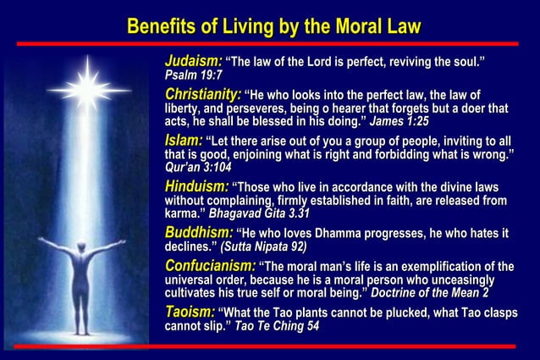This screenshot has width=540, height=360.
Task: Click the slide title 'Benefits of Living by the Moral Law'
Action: click(x=273, y=25)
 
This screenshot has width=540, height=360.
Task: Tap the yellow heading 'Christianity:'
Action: click(x=203, y=94)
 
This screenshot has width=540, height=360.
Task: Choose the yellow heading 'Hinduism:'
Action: click(x=196, y=186)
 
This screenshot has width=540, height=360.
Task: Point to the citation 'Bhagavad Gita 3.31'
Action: click(x=259, y=215)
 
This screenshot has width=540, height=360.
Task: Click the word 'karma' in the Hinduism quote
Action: click(x=183, y=215)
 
